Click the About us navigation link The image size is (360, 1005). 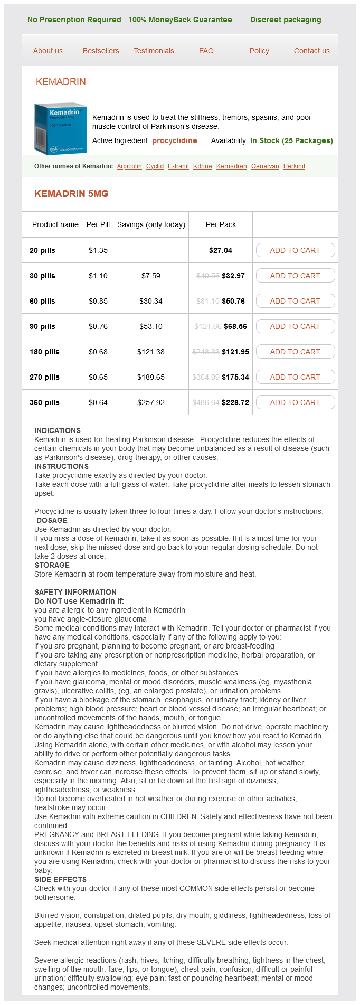click(48, 51)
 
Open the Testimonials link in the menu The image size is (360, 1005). click(154, 51)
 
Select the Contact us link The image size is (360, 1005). click(311, 51)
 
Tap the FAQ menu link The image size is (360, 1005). click(206, 51)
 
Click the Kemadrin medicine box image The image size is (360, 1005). click(60, 129)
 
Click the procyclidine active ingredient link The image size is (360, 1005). click(174, 140)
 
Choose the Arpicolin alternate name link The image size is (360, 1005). click(129, 166)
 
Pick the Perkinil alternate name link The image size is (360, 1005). click(294, 166)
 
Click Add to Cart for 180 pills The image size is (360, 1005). click(295, 352)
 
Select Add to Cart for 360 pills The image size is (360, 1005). click(295, 402)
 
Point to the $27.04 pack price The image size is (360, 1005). click(221, 250)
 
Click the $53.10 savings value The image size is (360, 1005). click(151, 326)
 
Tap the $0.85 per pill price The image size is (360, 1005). click(98, 301)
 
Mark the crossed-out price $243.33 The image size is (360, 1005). click(206, 352)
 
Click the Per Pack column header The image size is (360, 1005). click(221, 224)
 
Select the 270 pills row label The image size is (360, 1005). click(44, 377)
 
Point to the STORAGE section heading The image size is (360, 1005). click(52, 565)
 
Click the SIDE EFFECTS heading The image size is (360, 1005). click(61, 879)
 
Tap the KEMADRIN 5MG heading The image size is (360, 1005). click(71, 194)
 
